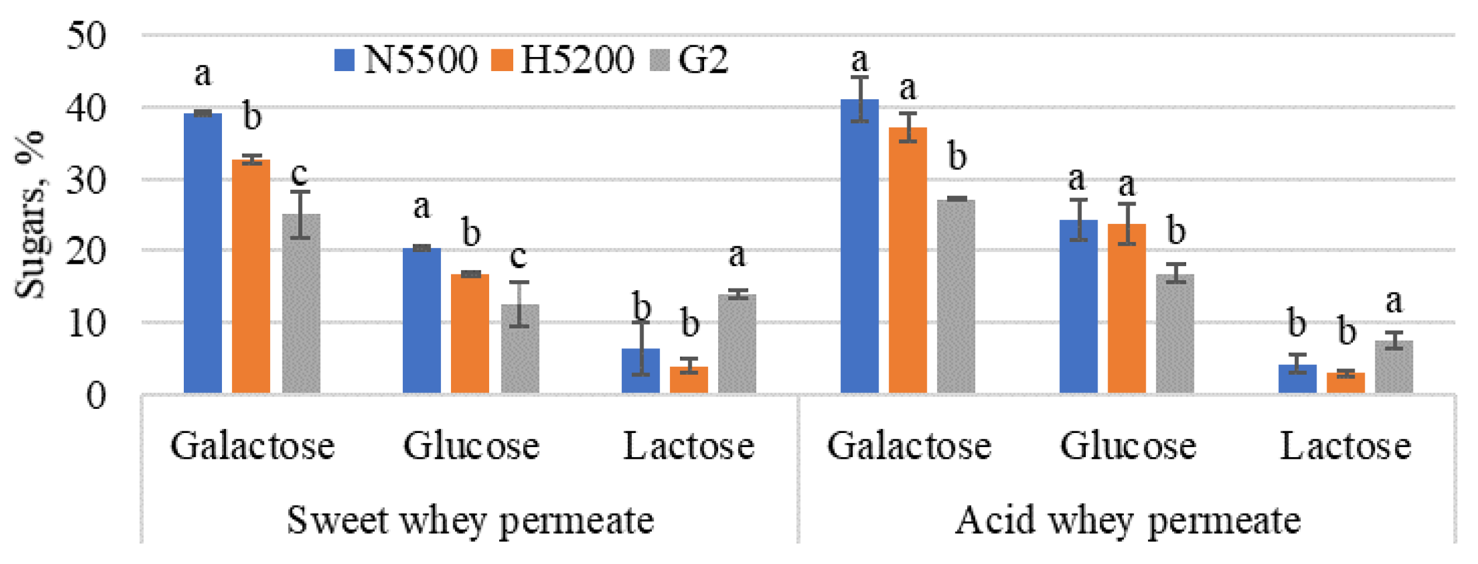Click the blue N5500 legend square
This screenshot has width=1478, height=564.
click(344, 61)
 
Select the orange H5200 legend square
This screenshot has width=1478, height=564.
click(501, 61)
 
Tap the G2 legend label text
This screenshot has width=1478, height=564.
click(703, 59)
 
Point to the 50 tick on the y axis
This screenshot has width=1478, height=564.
click(86, 35)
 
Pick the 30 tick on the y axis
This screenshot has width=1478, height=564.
click(86, 180)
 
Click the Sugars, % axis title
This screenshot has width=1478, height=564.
click(31, 215)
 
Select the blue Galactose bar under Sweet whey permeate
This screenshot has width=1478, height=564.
click(203, 253)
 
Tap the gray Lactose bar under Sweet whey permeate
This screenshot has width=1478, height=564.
click(737, 344)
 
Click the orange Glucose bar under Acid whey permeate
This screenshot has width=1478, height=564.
click(1126, 308)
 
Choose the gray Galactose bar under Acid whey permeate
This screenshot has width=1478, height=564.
click(955, 297)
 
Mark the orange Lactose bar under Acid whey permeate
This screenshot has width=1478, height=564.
click(1345, 382)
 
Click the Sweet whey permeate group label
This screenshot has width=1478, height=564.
click(470, 521)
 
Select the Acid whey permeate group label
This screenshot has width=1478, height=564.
click(1127, 521)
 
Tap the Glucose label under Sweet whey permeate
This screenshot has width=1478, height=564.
click(471, 446)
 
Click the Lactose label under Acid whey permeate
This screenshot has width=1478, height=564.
click(1345, 446)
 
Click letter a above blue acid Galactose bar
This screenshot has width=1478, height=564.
click(859, 61)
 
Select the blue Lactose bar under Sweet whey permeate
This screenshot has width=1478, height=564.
click(640, 370)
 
